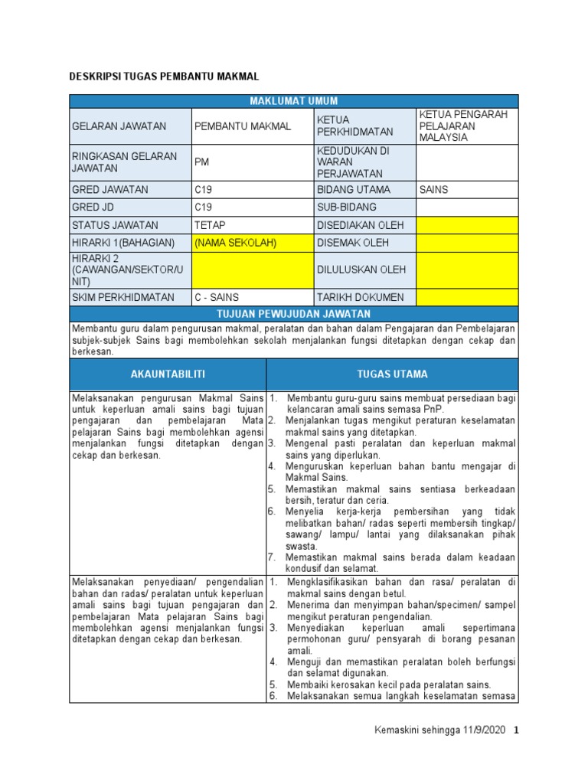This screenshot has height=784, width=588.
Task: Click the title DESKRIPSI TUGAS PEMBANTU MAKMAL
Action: coord(165,77)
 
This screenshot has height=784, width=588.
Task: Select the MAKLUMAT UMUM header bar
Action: coord(294,101)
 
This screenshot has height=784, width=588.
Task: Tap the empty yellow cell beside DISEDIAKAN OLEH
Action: coord(466,225)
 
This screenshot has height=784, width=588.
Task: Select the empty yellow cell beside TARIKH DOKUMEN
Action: coord(466,297)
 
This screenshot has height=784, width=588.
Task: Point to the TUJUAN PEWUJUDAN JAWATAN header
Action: coord(294,314)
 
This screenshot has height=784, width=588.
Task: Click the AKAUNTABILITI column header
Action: coord(168,374)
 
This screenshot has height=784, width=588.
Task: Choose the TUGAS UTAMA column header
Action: coord(392,374)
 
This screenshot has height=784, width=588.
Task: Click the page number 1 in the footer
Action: coord(516,730)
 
